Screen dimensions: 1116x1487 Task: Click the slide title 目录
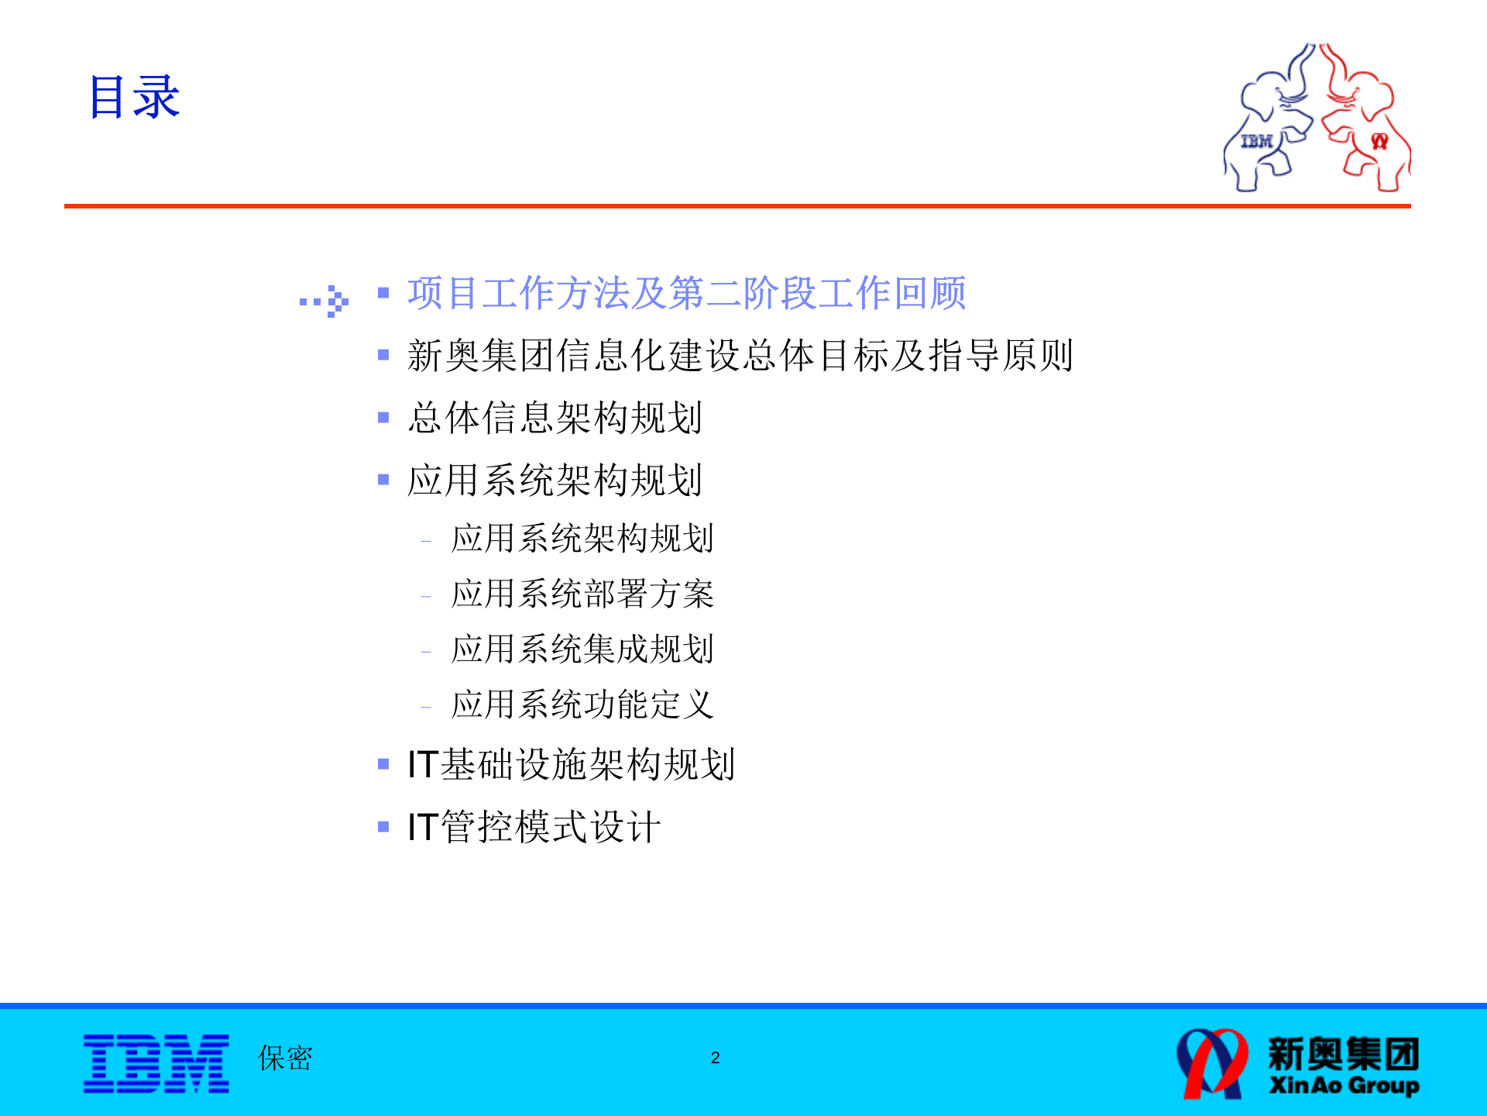[x=134, y=98]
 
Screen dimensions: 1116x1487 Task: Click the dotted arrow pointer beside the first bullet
[x=325, y=301]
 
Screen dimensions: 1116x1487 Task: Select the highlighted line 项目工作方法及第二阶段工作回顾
[x=686, y=293]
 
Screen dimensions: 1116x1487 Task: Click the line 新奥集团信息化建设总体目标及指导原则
[x=740, y=356]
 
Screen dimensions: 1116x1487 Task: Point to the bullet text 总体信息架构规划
[x=555, y=418]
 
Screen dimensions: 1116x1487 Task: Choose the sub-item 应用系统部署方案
[x=582, y=594]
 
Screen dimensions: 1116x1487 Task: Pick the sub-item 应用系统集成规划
[x=582, y=649]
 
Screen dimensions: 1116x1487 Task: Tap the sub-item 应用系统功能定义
[x=582, y=704]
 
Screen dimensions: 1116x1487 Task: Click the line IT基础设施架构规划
[x=571, y=764]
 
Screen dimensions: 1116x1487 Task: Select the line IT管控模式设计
[x=534, y=827]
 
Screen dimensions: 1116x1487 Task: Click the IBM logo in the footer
[x=156, y=1063]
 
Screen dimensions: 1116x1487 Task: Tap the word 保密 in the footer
[x=285, y=1058]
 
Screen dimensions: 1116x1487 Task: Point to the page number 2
[x=715, y=1058]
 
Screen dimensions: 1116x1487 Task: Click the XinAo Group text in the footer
[x=1344, y=1085]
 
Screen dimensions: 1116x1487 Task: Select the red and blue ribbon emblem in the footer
[x=1211, y=1063]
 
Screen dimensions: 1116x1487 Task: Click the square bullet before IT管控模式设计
[x=383, y=827]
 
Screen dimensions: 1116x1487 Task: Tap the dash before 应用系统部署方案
[x=426, y=597]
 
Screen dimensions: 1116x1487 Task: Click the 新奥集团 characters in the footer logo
[x=1344, y=1053]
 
